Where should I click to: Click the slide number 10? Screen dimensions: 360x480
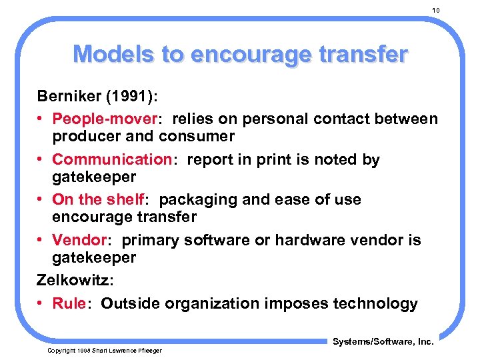[436, 10]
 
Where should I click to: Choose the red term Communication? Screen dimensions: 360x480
[112, 159]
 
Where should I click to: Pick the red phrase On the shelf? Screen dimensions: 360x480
[98, 199]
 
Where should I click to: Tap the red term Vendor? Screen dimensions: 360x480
[79, 239]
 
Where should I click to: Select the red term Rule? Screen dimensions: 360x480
[69, 303]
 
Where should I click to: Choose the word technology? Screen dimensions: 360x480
[376, 303]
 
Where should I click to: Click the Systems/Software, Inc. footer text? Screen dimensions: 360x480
[383, 342]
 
